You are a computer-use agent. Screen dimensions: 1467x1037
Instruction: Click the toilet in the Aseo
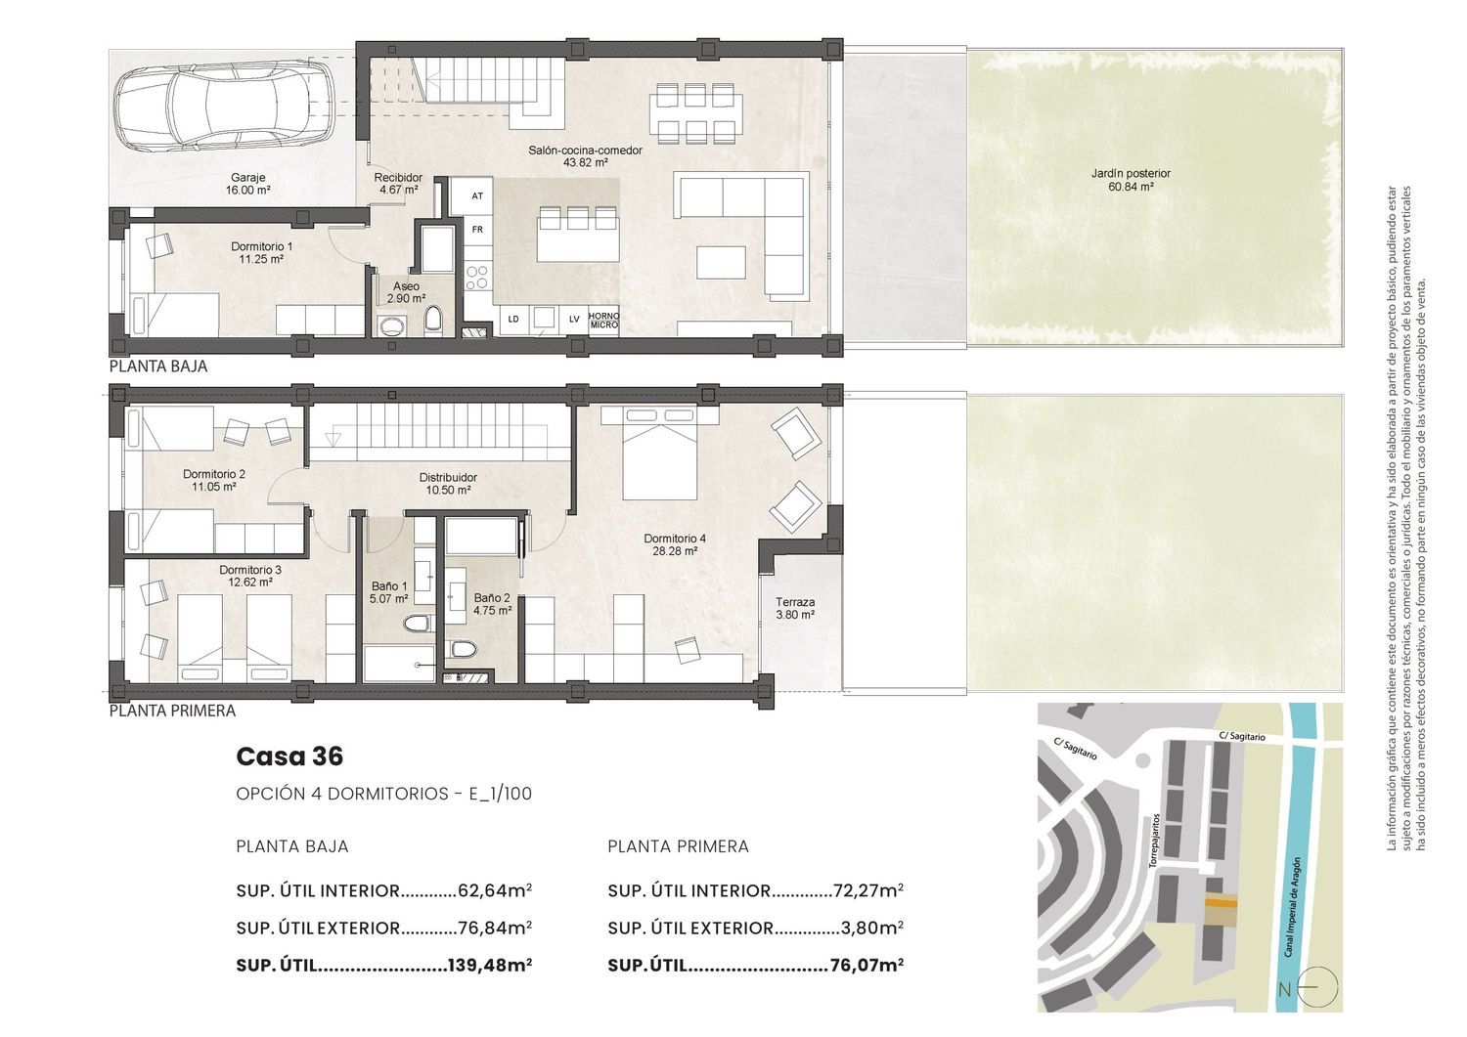(x=433, y=322)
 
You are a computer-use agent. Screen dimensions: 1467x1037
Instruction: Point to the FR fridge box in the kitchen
(x=477, y=229)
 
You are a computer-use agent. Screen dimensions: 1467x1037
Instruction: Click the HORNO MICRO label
(x=603, y=321)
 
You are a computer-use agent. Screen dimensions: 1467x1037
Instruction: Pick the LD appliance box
(x=513, y=320)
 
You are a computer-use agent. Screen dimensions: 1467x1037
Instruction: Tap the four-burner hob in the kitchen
(x=476, y=277)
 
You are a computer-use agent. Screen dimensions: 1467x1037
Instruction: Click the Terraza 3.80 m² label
(x=795, y=608)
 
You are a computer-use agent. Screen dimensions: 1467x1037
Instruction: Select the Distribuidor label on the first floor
(x=448, y=478)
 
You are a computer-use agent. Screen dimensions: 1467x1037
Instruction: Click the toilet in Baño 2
(x=463, y=649)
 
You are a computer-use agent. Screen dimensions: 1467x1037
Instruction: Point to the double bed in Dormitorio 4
(x=659, y=454)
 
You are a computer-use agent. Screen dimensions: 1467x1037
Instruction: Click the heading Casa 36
(x=289, y=756)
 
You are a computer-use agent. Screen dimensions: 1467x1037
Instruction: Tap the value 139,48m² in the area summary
(x=490, y=965)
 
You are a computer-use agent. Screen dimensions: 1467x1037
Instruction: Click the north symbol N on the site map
(x=1284, y=990)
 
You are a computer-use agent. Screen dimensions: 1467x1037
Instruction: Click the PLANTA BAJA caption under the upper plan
(x=158, y=367)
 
